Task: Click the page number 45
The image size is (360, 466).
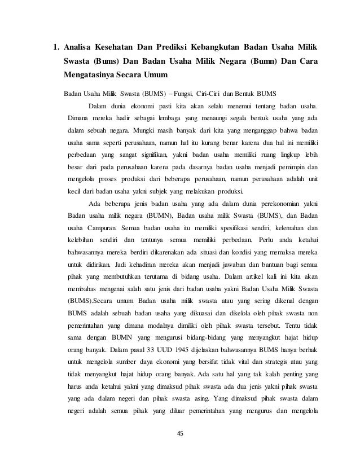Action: click(180, 433)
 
